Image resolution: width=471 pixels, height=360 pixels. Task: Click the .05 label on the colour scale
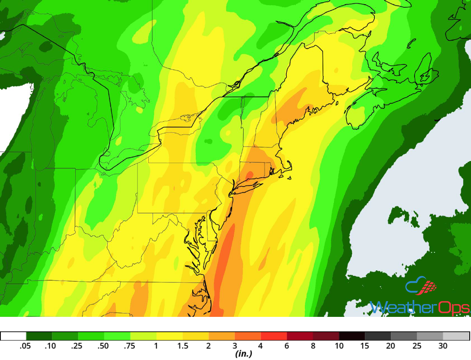coord(25,346)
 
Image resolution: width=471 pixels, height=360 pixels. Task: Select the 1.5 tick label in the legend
coord(183,346)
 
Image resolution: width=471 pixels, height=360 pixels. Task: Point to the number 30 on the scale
coord(443,346)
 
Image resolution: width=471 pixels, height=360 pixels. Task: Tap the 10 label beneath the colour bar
coord(339,346)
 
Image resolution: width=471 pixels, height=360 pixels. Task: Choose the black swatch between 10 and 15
coord(352,336)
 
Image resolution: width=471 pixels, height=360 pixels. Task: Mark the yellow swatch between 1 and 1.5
coord(169,336)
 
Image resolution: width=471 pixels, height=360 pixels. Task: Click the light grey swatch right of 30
coord(456,336)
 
